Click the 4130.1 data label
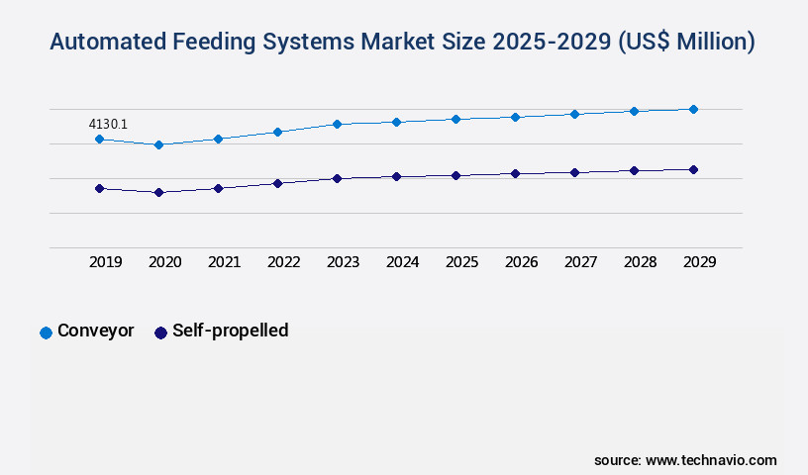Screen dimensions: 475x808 pyautogui.click(x=108, y=124)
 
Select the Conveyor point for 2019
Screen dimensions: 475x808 pyautogui.click(x=99, y=140)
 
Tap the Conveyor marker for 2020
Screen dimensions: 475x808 pyautogui.click(x=158, y=144)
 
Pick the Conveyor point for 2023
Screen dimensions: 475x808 pyautogui.click(x=337, y=124)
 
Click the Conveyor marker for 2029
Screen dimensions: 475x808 pyautogui.click(x=693, y=109)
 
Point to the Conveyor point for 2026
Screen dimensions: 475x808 pyautogui.click(x=515, y=117)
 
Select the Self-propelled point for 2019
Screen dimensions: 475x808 pyautogui.click(x=99, y=188)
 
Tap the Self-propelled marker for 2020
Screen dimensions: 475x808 pyautogui.click(x=158, y=192)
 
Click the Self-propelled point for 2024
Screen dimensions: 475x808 pyautogui.click(x=396, y=176)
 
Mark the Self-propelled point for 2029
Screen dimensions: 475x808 pyautogui.click(x=693, y=169)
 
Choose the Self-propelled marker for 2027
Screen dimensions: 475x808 pyautogui.click(x=574, y=172)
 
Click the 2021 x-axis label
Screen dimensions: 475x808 pyautogui.click(x=224, y=262)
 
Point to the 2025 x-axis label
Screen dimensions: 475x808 pyautogui.click(x=461, y=262)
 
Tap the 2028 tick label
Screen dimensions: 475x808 pyautogui.click(x=640, y=262)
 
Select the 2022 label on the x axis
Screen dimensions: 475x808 pyautogui.click(x=283, y=262)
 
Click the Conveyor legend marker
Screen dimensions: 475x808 pyautogui.click(x=46, y=332)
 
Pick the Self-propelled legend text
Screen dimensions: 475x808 pyautogui.click(x=230, y=331)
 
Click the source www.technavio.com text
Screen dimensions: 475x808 pyautogui.click(x=685, y=460)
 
